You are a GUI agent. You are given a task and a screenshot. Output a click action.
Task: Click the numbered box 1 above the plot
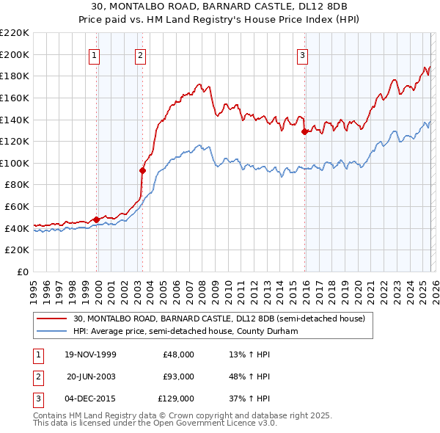click(x=96, y=54)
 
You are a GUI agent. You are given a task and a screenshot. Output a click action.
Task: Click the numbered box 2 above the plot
click(x=140, y=54)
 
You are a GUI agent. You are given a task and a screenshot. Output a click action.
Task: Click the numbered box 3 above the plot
click(x=303, y=54)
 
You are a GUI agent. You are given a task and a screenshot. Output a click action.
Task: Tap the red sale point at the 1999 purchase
click(x=96, y=219)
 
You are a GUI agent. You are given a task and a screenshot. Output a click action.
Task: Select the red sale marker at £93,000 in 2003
click(x=142, y=170)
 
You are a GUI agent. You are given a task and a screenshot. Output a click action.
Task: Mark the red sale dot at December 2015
click(x=304, y=132)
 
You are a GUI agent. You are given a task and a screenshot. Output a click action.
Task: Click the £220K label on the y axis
click(x=15, y=33)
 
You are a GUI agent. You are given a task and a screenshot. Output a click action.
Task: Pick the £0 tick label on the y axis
click(x=22, y=272)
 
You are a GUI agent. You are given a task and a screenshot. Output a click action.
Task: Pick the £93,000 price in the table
click(x=178, y=376)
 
